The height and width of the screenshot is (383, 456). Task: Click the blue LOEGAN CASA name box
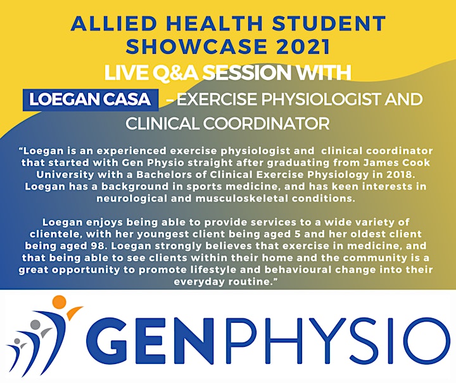(91, 100)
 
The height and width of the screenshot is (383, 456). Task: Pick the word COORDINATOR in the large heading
(267, 124)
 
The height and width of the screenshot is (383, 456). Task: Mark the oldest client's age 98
(96, 246)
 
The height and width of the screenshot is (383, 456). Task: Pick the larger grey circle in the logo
(35, 325)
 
